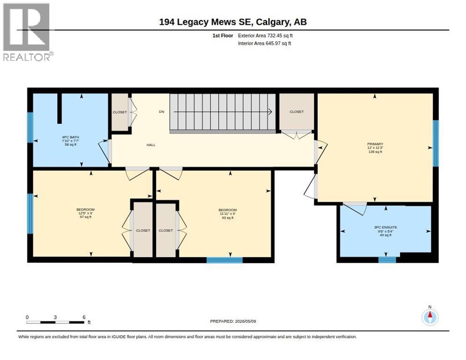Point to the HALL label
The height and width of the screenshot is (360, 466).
click(151, 145)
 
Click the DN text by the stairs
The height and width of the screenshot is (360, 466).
click(161, 112)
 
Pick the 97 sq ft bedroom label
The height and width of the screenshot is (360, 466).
click(86, 213)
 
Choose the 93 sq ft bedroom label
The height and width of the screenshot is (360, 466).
click(228, 214)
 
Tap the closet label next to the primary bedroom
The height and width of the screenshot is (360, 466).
click(297, 112)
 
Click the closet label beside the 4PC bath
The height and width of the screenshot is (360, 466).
click(120, 112)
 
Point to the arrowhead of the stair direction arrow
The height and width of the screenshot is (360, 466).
click(271, 112)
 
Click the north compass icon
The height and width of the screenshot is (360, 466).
click(430, 317)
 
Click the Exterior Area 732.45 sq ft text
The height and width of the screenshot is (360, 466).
click(265, 36)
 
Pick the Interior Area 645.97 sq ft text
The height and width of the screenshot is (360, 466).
click(264, 44)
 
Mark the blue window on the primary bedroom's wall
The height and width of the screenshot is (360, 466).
click(436, 143)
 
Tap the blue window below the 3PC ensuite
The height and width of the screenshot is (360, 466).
click(387, 260)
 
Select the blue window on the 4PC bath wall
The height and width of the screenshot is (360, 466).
click(30, 127)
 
